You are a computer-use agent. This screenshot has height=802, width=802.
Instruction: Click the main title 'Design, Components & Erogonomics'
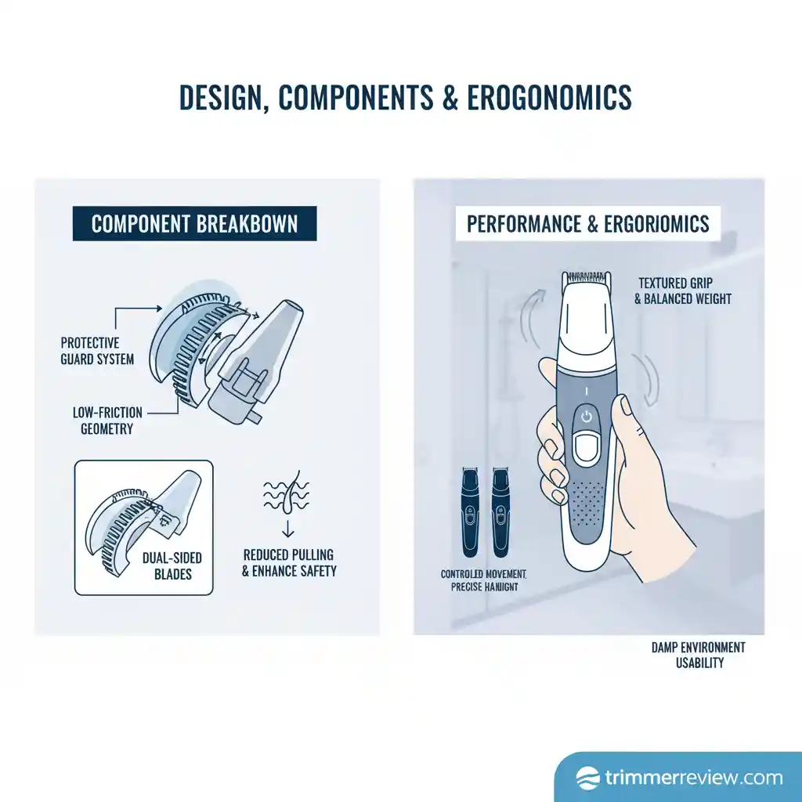click(405, 98)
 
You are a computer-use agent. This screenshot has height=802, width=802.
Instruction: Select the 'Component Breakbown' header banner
click(194, 224)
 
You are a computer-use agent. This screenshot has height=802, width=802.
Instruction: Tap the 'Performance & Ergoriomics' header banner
click(587, 224)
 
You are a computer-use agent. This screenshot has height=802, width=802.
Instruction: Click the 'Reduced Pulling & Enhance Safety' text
click(289, 561)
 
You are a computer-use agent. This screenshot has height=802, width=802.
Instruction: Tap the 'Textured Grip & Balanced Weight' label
click(685, 291)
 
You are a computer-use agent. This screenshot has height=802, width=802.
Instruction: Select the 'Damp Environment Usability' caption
click(699, 655)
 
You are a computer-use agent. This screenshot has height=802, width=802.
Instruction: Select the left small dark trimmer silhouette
click(470, 512)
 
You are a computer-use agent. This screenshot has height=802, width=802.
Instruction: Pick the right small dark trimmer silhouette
click(499, 512)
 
